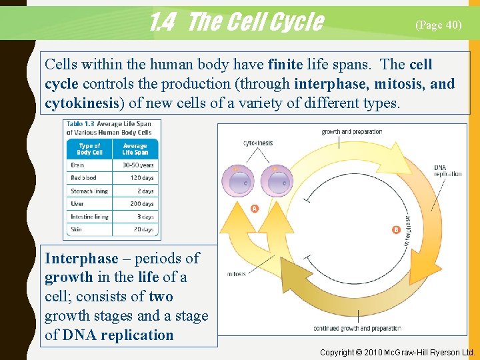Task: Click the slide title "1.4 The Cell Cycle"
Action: pyautogui.click(x=236, y=23)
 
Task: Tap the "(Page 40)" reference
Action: pyautogui.click(x=438, y=25)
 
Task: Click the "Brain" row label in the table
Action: pyautogui.click(x=77, y=165)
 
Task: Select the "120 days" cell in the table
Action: pyautogui.click(x=137, y=178)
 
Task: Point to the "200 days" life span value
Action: pyautogui.click(x=137, y=204)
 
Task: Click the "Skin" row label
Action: pyautogui.click(x=77, y=229)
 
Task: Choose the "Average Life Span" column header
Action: pyautogui.click(x=135, y=149)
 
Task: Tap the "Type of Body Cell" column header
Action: pyautogui.click(x=89, y=149)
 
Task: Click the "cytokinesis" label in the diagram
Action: pyautogui.click(x=258, y=143)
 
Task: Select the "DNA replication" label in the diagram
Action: pyautogui.click(x=447, y=171)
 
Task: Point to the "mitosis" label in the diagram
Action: pyautogui.click(x=236, y=274)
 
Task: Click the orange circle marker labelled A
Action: pyautogui.click(x=255, y=209)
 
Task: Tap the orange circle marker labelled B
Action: pyautogui.click(x=396, y=230)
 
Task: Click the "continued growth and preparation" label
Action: pyautogui.click(x=357, y=328)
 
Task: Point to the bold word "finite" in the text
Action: pyautogui.click(x=285, y=65)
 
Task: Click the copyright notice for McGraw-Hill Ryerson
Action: pyautogui.click(x=397, y=352)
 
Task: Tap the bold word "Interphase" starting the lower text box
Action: pyautogui.click(x=81, y=258)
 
